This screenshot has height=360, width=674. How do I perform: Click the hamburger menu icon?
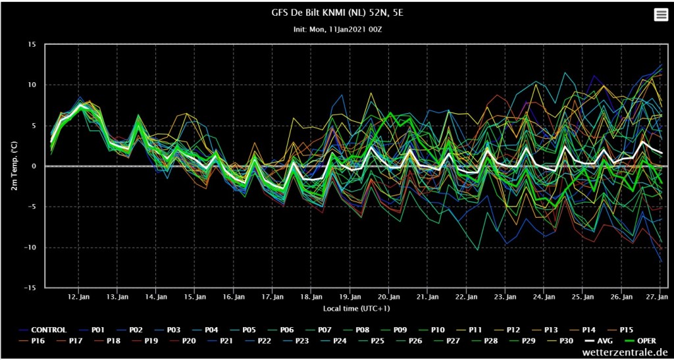(660, 15)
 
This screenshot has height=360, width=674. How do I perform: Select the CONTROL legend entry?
(43, 330)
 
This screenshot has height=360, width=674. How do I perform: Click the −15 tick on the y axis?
(31, 288)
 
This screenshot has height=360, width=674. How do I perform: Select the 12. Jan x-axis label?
(78, 296)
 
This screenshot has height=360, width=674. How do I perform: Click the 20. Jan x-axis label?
(388, 296)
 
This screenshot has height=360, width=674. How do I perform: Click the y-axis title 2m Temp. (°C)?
(14, 167)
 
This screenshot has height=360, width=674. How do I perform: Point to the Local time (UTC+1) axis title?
(356, 309)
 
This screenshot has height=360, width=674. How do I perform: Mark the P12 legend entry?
(508, 330)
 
